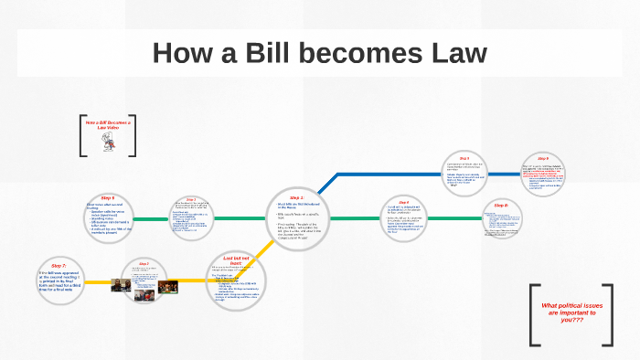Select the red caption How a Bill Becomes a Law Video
tap(109, 125)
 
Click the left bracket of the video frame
tap(82, 135)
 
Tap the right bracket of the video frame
tap(134, 135)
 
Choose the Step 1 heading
tap(296, 197)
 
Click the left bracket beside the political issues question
tap(534, 314)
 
